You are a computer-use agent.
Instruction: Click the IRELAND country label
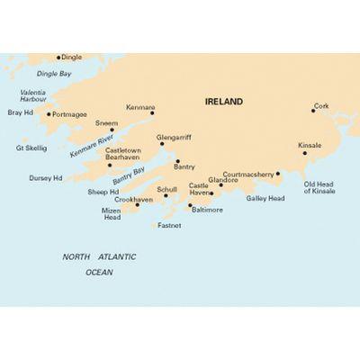tap(224, 103)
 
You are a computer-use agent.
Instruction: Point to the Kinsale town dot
tap(306, 153)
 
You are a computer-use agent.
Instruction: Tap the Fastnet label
tap(169, 225)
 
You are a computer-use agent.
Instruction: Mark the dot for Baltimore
tap(189, 206)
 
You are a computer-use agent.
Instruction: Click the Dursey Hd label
tap(46, 177)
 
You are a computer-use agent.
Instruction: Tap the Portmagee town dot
tap(49, 114)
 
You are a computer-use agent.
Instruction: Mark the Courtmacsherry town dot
tap(279, 174)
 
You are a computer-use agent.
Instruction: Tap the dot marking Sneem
tap(112, 130)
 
